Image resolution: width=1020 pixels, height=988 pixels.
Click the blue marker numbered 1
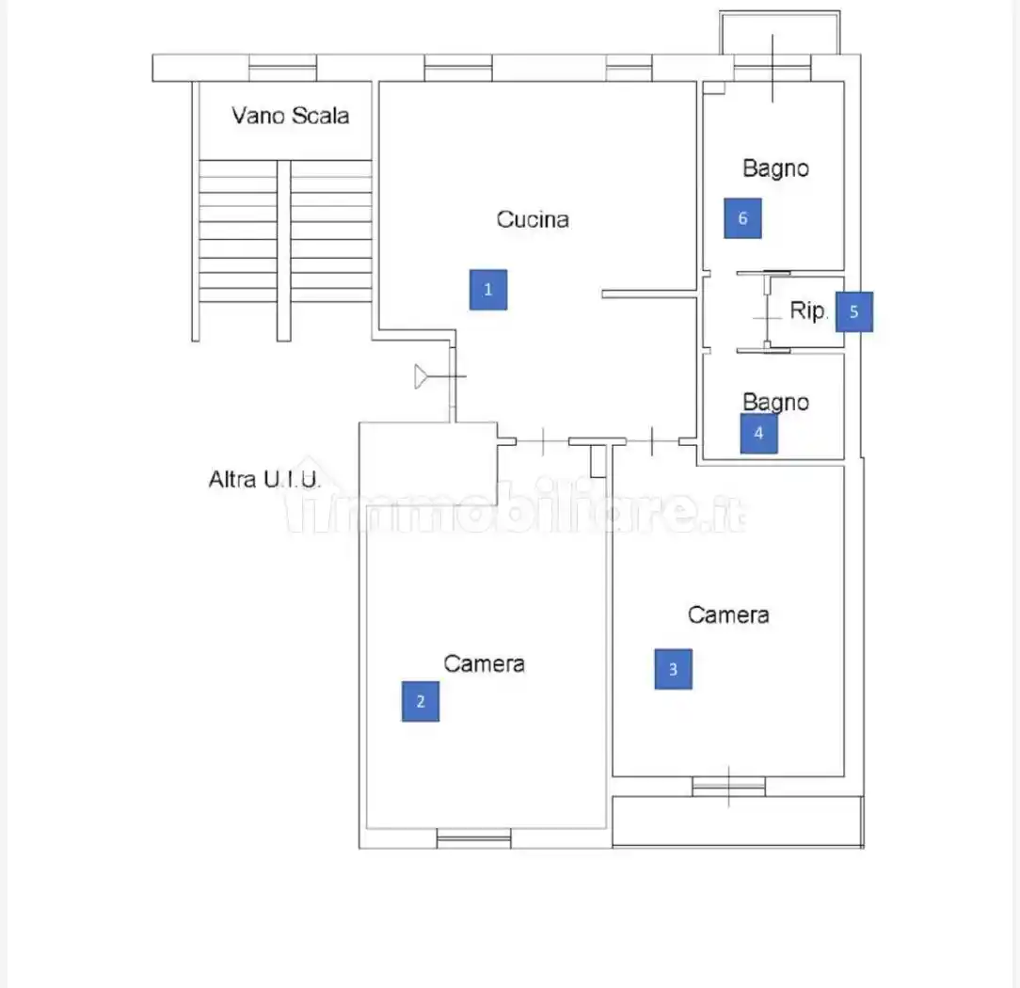[x=488, y=290]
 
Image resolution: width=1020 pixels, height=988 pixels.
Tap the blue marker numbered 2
[x=421, y=701]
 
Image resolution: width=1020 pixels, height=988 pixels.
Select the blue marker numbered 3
[x=674, y=669]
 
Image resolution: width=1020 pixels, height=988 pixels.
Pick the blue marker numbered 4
[x=759, y=433]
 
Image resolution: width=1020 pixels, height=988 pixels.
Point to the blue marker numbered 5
[x=854, y=311]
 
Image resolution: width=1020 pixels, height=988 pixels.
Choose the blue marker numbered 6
[x=742, y=218]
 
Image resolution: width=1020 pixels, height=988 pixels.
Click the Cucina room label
[x=533, y=219]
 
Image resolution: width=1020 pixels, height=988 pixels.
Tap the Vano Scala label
[x=290, y=115]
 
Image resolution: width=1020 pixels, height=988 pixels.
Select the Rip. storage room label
[x=808, y=311]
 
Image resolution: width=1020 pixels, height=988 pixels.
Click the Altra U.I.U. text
[x=264, y=479]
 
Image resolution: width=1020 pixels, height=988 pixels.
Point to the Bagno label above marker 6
[x=775, y=168]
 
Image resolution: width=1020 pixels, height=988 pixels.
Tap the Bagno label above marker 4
[x=775, y=402]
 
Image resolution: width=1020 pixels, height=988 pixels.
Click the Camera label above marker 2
[x=484, y=663]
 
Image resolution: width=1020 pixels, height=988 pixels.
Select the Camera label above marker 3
[x=728, y=614]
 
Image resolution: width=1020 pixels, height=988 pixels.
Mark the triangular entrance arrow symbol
[x=421, y=376]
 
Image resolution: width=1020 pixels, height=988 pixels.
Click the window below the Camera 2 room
[x=473, y=838]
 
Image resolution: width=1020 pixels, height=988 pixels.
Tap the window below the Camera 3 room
[x=728, y=787]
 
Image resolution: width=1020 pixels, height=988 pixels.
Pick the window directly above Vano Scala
[x=282, y=68]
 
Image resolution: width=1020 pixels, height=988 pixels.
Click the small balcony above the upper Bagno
[x=779, y=33]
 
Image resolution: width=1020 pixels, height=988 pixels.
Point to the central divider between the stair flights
[x=283, y=250]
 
